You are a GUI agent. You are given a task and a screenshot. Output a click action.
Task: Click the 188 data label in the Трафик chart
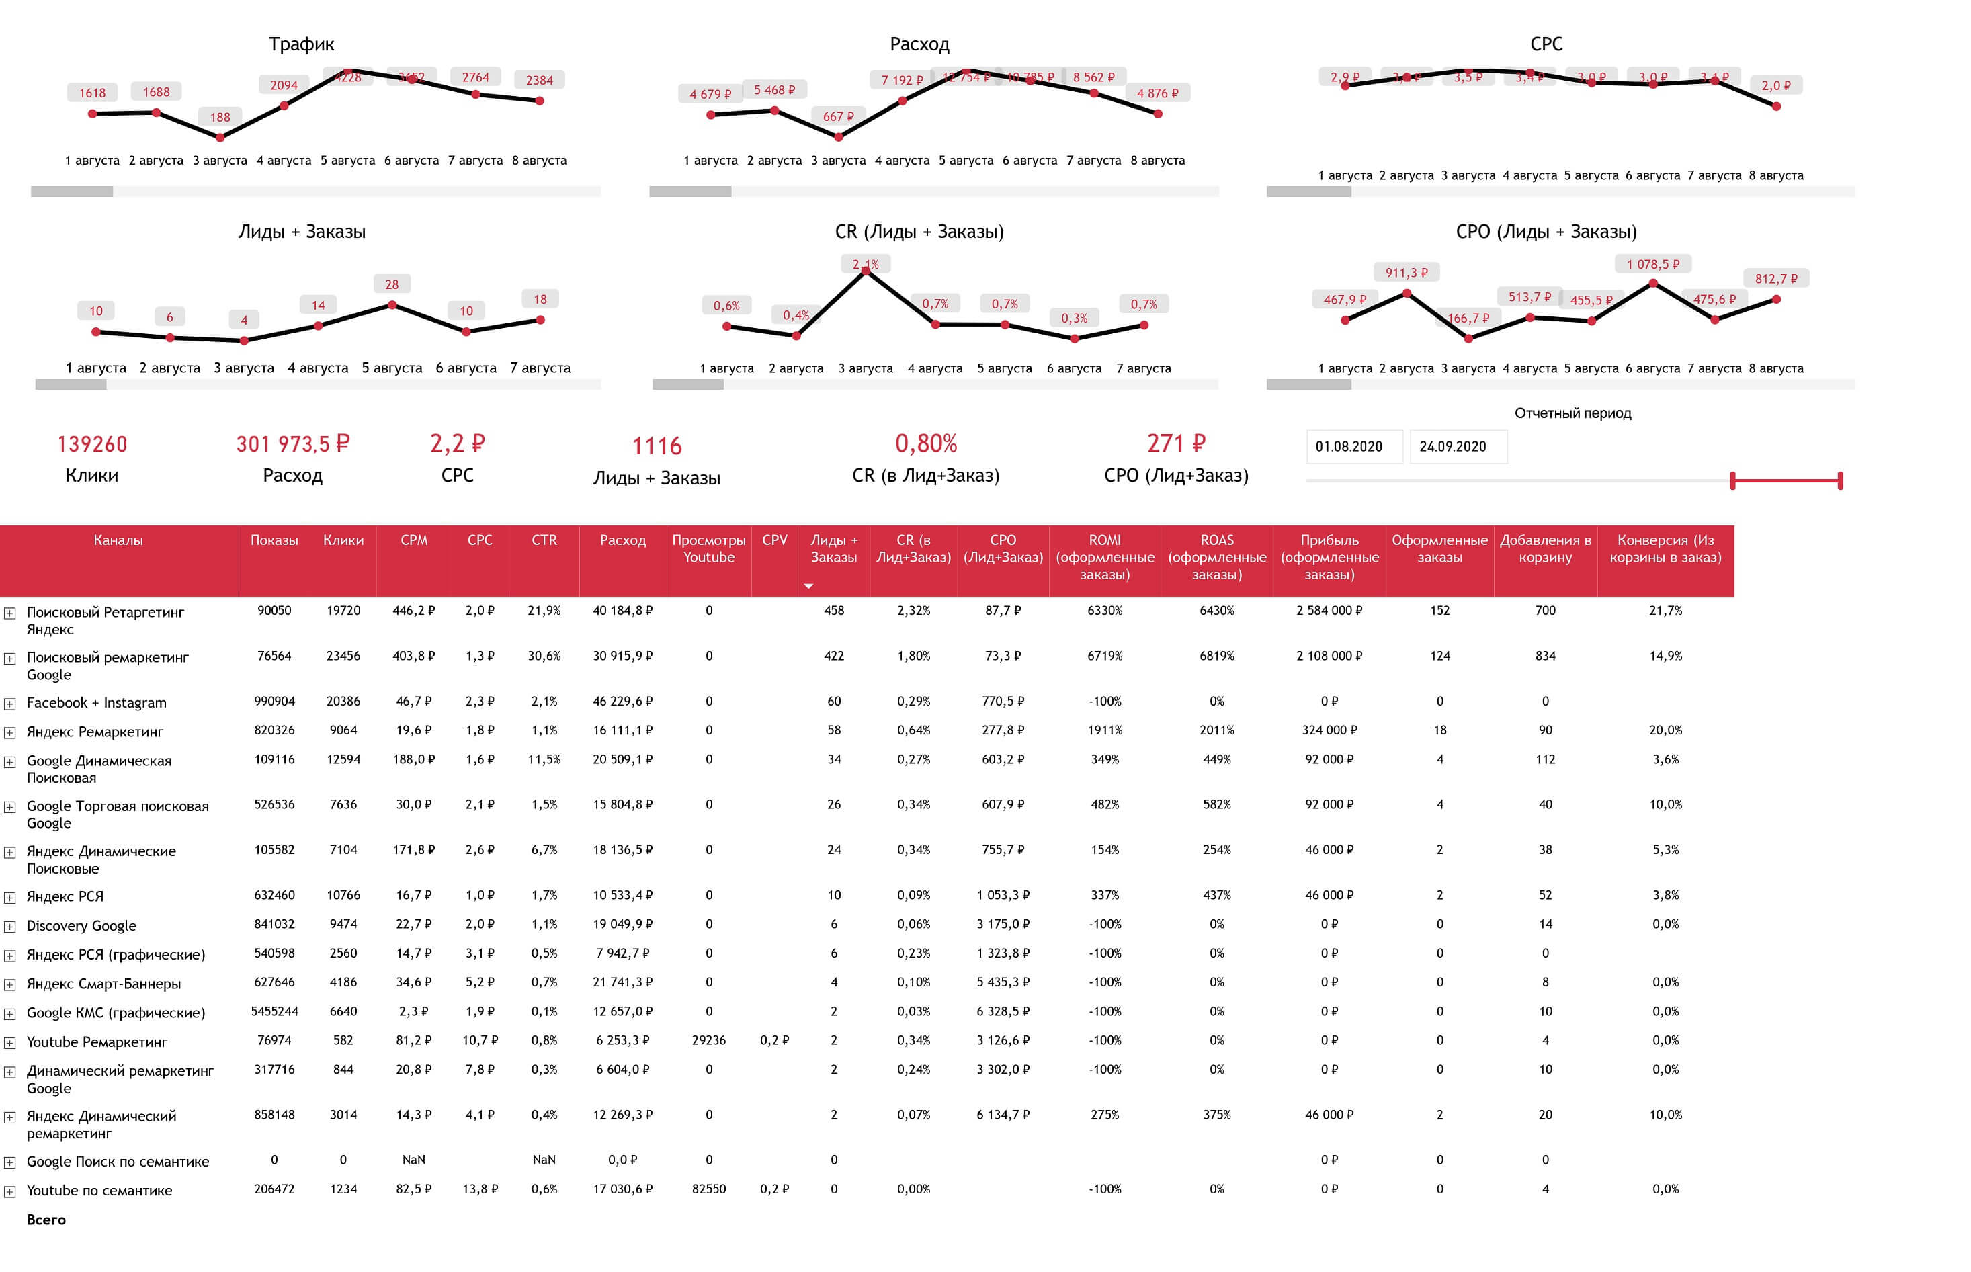(220, 118)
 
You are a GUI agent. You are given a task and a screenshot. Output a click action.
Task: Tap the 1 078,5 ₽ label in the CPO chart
(1652, 264)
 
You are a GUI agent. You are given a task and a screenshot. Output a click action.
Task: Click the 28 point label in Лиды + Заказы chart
(392, 284)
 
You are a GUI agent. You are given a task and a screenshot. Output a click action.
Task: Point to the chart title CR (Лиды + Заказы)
(919, 232)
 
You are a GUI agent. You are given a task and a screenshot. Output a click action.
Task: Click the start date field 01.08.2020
(1353, 447)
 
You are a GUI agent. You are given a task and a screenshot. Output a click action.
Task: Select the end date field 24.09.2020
(1457, 447)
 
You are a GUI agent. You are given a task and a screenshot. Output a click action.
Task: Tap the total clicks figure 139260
(91, 444)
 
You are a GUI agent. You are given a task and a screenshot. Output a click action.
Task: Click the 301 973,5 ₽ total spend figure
(292, 444)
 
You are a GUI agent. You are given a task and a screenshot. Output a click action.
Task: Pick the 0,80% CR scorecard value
(925, 444)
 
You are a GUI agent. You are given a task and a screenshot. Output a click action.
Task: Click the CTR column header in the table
(544, 540)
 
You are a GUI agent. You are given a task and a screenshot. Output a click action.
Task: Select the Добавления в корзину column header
(1545, 548)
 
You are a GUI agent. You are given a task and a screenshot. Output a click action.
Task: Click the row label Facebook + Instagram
(97, 703)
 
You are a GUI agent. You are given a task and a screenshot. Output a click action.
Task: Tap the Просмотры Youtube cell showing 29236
(708, 1041)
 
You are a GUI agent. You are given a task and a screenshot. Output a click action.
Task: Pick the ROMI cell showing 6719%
(1105, 656)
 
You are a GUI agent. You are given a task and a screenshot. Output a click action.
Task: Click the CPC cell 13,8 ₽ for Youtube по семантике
(479, 1189)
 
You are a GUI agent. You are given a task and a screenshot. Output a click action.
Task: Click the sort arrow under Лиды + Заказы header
(808, 587)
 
